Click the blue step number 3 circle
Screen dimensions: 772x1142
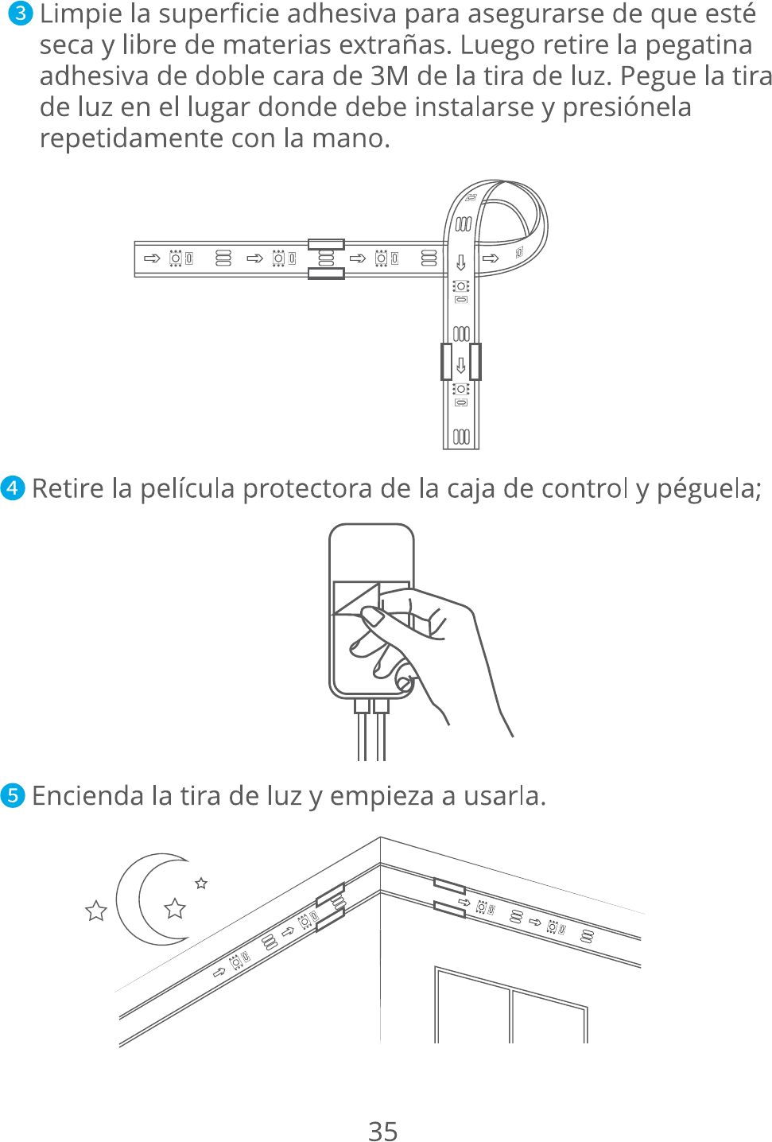tap(21, 14)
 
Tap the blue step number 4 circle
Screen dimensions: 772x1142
tap(13, 488)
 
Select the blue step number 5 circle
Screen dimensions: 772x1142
tap(13, 795)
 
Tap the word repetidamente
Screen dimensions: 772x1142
tap(131, 138)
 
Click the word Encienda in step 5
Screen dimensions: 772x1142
tap(87, 795)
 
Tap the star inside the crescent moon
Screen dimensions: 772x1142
tap(175, 908)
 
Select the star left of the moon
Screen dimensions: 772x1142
tap(95, 911)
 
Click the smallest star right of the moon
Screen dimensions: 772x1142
tap(201, 883)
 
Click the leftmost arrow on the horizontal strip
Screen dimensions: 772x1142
tap(152, 258)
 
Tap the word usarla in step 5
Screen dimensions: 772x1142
tap(504, 796)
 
